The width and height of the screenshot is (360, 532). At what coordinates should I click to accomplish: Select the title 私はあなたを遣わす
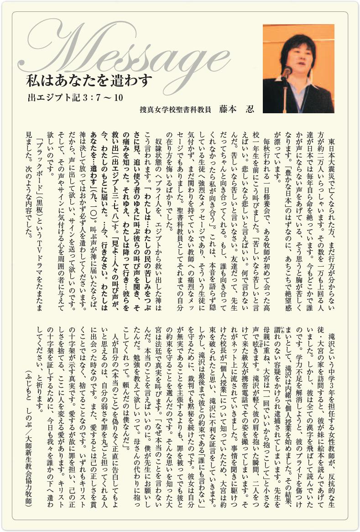89,81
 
